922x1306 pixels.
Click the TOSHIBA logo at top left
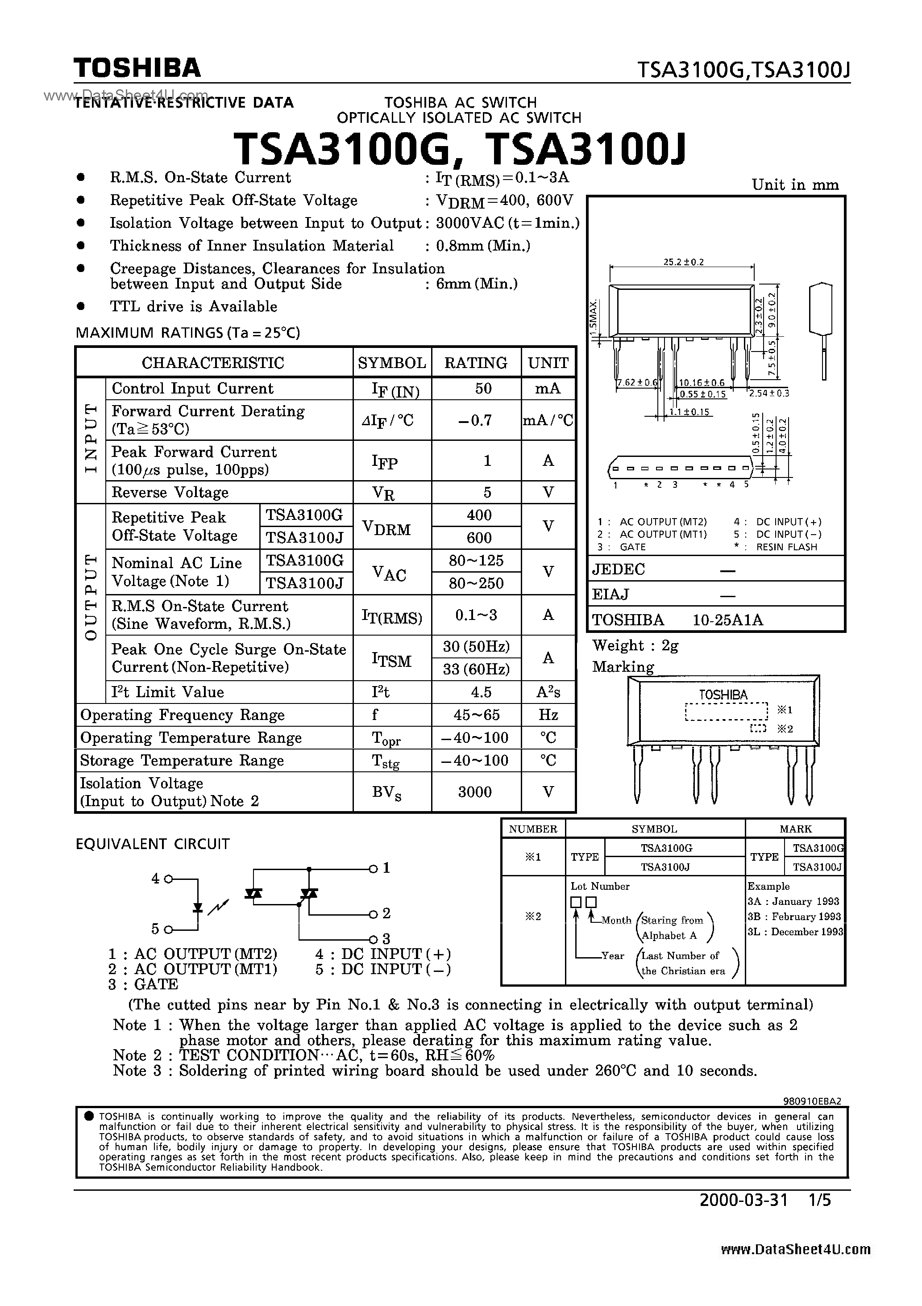137,68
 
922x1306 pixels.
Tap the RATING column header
476,363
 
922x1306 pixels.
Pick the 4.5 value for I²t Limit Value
476,692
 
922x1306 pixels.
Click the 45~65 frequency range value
476,715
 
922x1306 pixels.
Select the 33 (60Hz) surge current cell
476,670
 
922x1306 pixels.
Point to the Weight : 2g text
635,645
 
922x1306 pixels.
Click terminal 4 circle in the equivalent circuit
168,879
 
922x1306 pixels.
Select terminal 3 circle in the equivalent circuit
373,938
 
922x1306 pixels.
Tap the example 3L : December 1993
795,932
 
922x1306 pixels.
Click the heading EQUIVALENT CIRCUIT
152,844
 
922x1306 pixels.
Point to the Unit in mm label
795,185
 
